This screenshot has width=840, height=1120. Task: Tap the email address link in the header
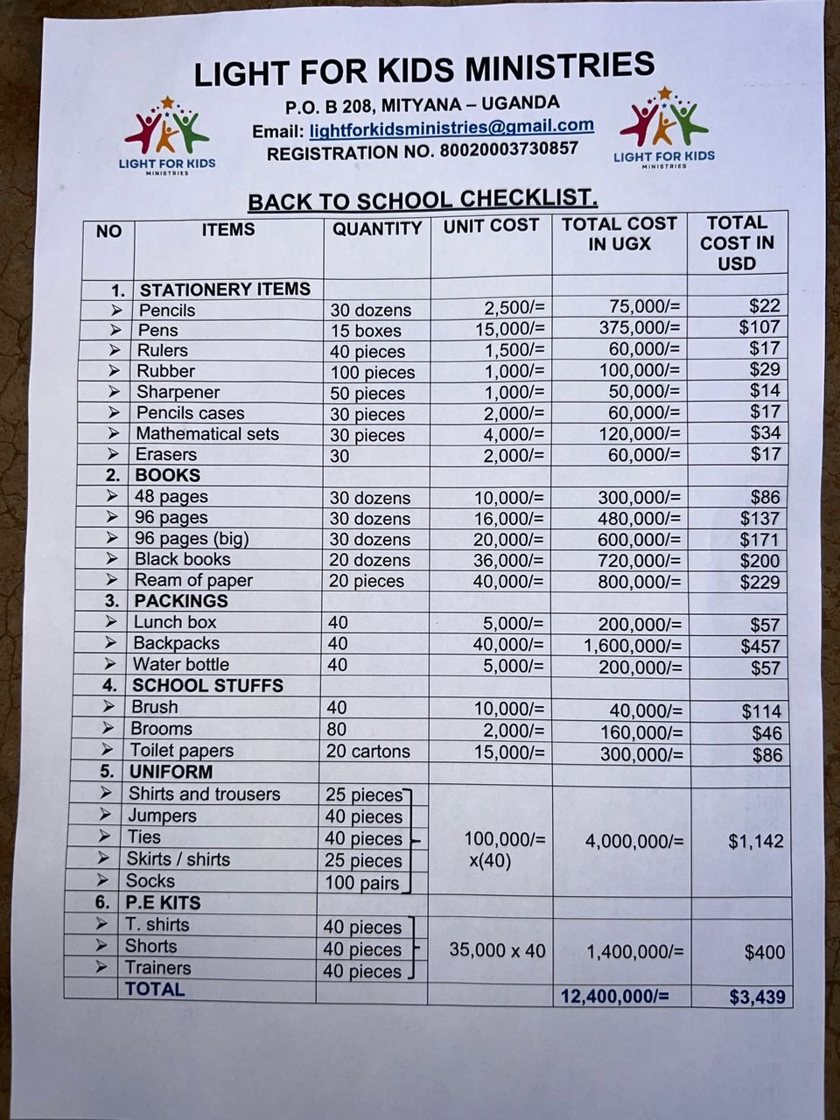[451, 129]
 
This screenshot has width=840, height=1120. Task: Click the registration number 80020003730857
[508, 150]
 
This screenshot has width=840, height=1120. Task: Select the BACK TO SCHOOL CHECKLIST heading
[423, 199]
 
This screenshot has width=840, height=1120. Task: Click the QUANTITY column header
[377, 229]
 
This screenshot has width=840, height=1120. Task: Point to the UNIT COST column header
[491, 226]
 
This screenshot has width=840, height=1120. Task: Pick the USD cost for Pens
[759, 326]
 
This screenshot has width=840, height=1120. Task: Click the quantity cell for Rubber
[372, 373]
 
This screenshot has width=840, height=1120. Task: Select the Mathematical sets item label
[207, 434]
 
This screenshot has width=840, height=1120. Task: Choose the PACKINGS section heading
[180, 601]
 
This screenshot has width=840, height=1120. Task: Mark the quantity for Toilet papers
[367, 752]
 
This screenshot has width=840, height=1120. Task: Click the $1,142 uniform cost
[756, 842]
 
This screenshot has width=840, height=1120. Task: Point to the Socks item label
[150, 881]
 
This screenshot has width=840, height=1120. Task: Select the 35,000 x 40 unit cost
[497, 949]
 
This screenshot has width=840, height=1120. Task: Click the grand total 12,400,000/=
[614, 996]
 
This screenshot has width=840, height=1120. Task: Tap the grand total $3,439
[757, 997]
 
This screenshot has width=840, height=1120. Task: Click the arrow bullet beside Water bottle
[110, 664]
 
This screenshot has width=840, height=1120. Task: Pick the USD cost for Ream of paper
[759, 582]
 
